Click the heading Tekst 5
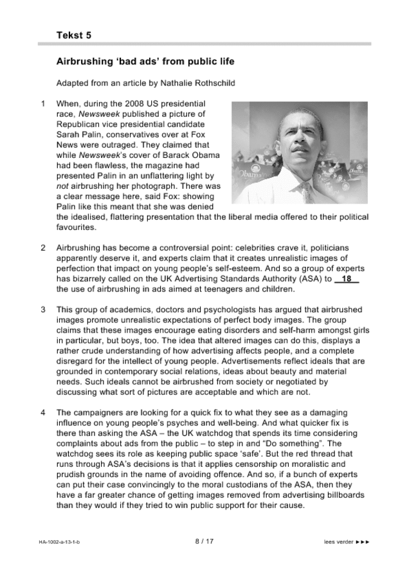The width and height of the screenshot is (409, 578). click(x=73, y=35)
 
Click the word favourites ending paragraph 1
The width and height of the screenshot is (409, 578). click(x=75, y=227)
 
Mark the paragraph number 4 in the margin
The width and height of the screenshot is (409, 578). click(x=43, y=412)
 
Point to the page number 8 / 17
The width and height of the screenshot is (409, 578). click(x=204, y=541)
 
